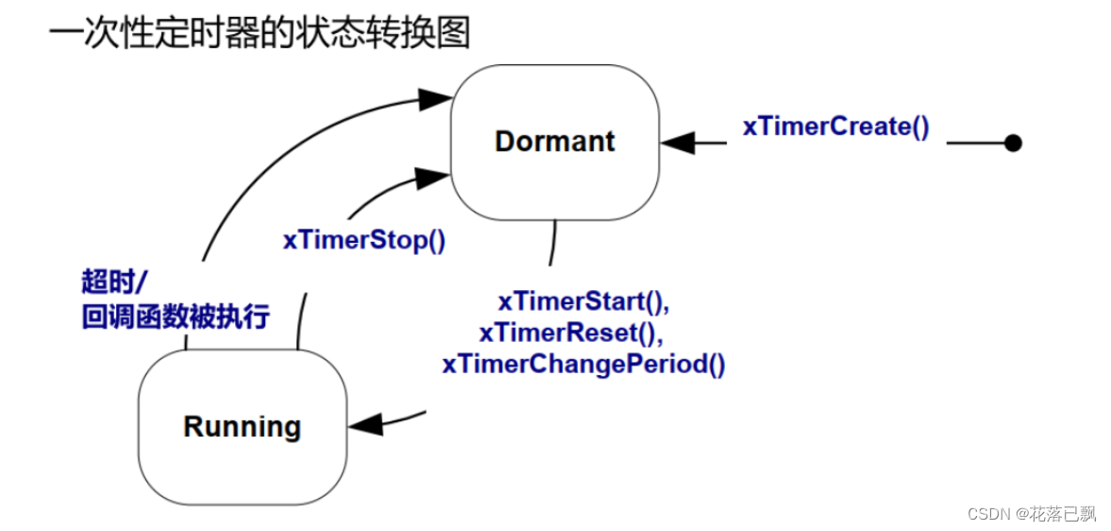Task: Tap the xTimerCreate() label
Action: pyautogui.click(x=835, y=127)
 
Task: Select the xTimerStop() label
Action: pyautogui.click(x=363, y=240)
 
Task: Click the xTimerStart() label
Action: pyautogui.click(x=583, y=302)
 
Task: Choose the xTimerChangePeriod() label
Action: pyautogui.click(x=583, y=364)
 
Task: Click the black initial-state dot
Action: pyautogui.click(x=1013, y=144)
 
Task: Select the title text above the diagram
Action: pyautogui.click(x=260, y=33)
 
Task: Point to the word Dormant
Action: pyautogui.click(x=555, y=142)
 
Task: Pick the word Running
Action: pyautogui.click(x=242, y=427)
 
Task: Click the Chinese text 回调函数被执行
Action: pyautogui.click(x=176, y=317)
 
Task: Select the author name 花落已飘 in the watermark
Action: pyautogui.click(x=1064, y=513)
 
